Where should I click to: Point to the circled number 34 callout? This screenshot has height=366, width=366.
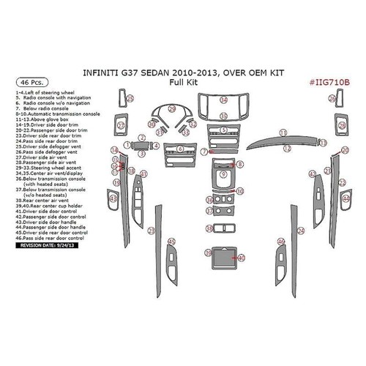(x=223, y=100)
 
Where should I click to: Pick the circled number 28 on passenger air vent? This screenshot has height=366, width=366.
(x=342, y=127)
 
